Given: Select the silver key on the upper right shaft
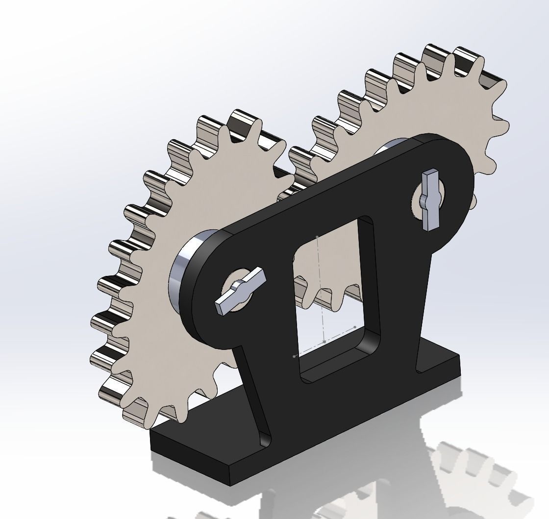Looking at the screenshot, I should (430, 199).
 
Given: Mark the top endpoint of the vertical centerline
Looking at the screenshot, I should (318, 237).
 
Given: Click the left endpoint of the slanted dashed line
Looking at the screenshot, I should (294, 356).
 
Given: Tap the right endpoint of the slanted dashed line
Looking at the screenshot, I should (354, 326).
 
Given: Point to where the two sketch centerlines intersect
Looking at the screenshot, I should (324, 341).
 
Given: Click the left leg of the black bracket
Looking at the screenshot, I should (252, 387).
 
